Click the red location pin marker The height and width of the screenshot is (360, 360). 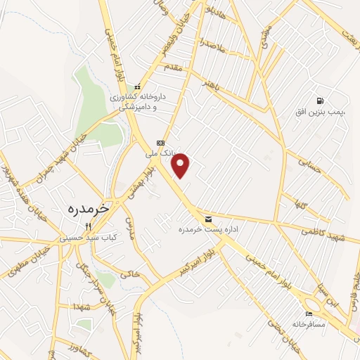point(181,165)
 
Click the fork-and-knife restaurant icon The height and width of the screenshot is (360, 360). point(87,226)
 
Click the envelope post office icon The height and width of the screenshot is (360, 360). point(208,219)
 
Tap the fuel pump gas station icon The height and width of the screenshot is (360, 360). point(321,101)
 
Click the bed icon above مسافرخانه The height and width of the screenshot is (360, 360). point(308,314)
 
